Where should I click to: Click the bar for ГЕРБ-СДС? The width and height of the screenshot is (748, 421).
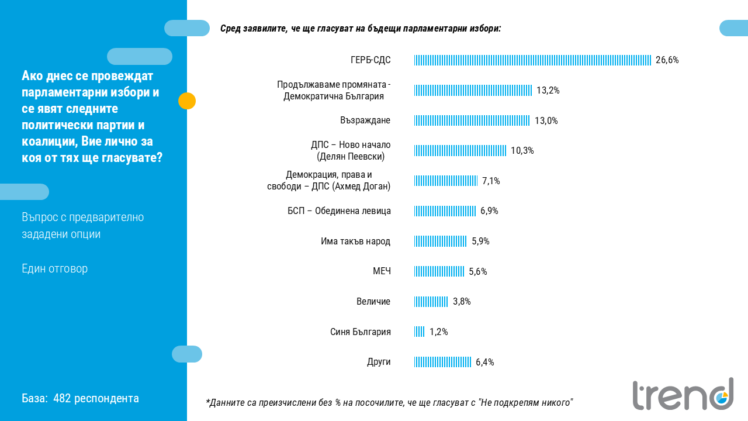point(532,60)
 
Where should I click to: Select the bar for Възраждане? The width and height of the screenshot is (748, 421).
point(472,120)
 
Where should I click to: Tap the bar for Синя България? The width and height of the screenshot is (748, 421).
point(420,332)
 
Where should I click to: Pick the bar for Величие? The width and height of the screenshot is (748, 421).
point(431,302)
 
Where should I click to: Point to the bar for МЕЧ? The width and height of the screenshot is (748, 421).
point(439,271)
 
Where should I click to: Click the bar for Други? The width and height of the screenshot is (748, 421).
point(443,362)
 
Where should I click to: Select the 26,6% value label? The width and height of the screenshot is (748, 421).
point(667,60)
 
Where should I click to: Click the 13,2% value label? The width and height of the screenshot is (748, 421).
point(548,91)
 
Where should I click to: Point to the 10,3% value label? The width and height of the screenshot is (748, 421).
point(522,151)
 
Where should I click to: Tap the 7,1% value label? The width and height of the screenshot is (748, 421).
point(491,181)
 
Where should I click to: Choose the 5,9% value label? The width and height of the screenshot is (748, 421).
point(480,241)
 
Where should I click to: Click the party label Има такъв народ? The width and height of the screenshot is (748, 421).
point(355,241)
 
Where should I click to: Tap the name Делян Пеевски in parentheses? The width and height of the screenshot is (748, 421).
point(351,157)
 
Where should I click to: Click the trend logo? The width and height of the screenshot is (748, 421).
point(683,394)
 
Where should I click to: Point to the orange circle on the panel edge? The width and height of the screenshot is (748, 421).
point(187,101)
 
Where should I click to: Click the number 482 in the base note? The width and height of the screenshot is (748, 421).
point(61,399)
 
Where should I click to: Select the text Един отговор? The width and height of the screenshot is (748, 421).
point(54,269)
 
